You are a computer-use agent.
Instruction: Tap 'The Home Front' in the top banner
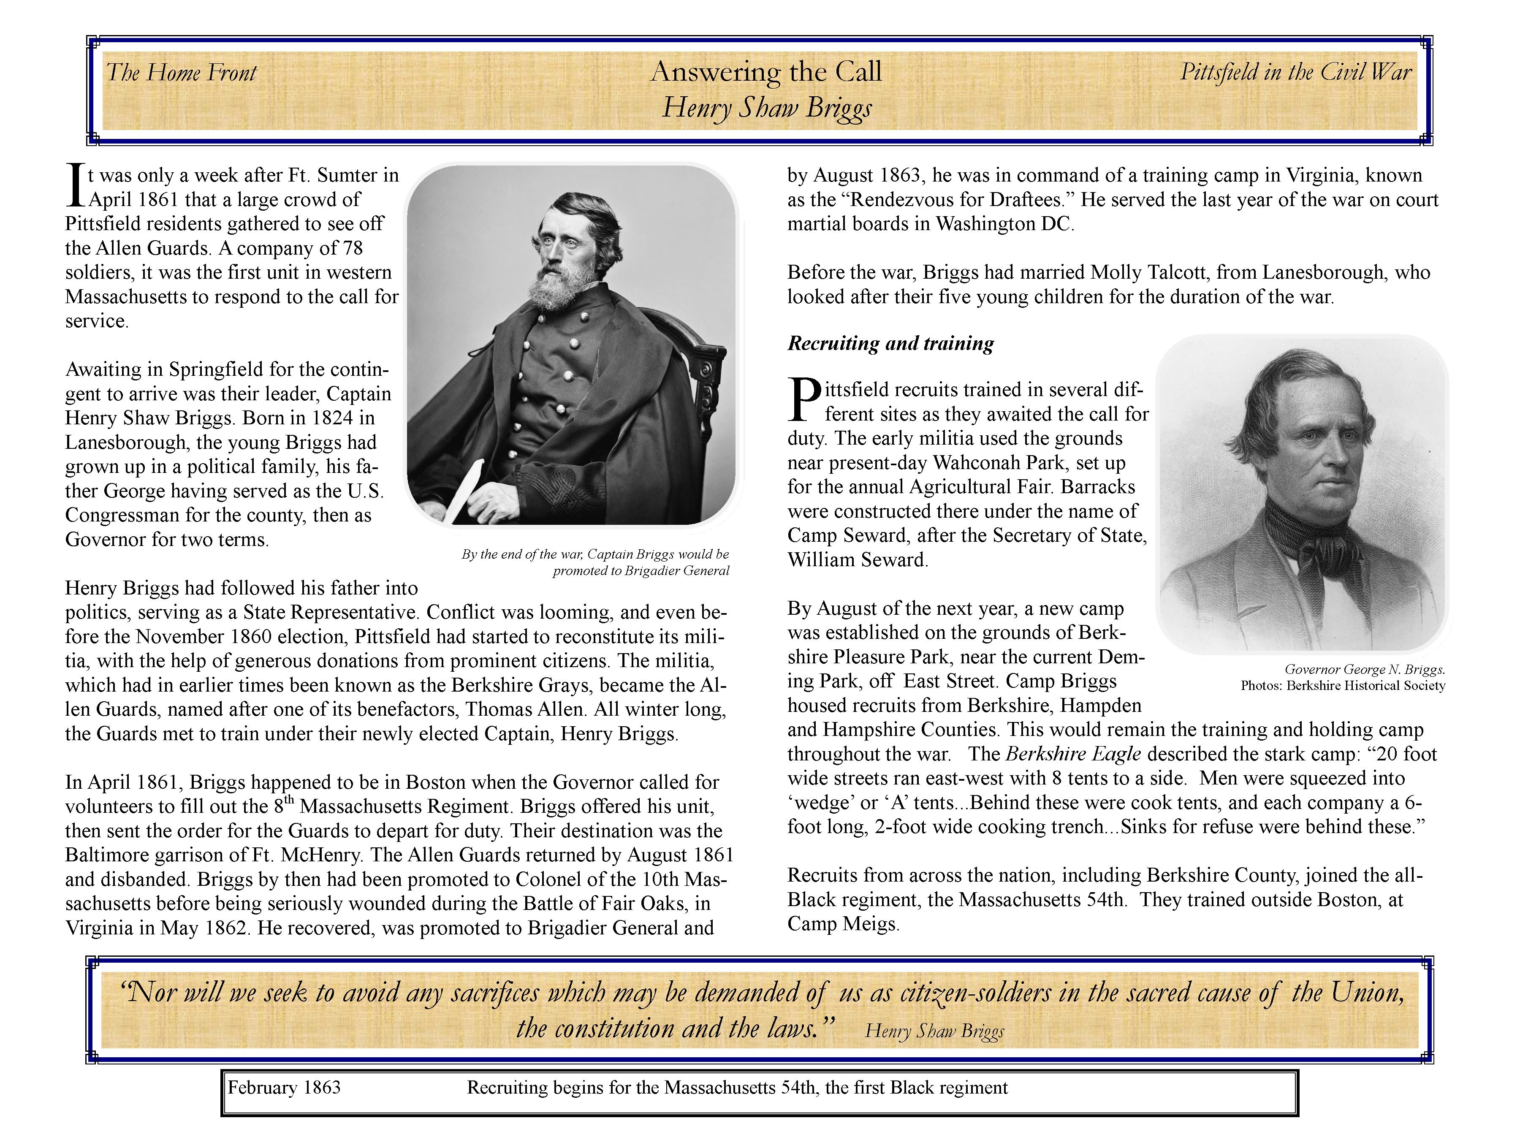tap(182, 73)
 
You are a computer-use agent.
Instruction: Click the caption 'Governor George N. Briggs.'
tap(1365, 669)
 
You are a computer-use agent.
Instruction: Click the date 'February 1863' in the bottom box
tap(284, 1088)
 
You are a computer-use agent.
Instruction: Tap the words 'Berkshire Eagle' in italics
tap(1073, 754)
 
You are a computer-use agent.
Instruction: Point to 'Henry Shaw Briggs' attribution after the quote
tap(934, 1031)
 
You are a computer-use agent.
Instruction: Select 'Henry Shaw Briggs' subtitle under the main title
tap(767, 108)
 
